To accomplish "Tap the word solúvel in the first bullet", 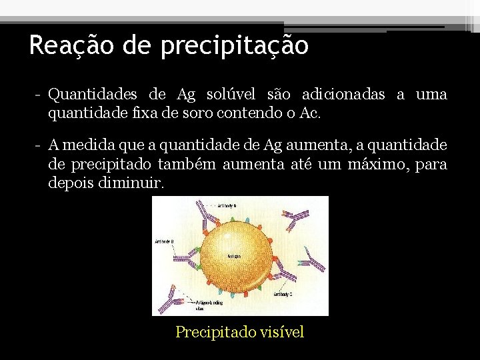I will click(255, 95).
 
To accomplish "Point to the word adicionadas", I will click(343, 95).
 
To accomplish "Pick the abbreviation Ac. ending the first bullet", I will click(310, 113).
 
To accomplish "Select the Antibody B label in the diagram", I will click(165, 241).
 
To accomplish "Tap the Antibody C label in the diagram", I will click(283, 294).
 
